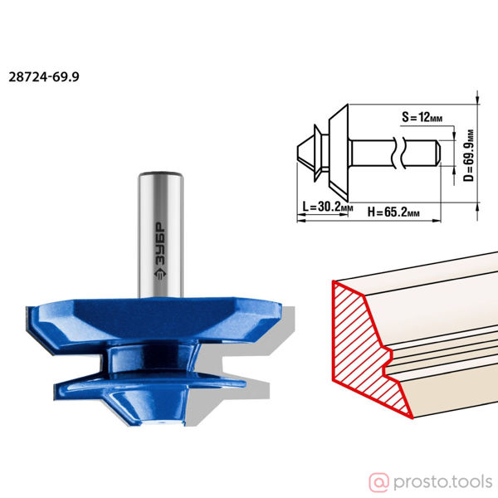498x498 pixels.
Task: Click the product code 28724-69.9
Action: point(44,77)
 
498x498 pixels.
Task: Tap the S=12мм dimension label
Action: point(422,117)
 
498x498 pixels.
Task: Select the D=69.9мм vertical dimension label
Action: point(468,155)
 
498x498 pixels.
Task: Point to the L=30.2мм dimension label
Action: point(328,207)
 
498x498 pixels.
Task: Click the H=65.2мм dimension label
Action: point(393,212)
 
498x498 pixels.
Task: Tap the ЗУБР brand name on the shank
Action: point(160,244)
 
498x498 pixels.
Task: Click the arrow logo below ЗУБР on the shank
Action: point(160,275)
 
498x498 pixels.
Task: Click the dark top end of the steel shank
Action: point(160,174)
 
